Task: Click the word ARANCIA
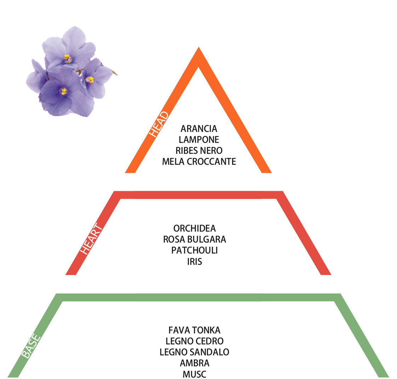199,129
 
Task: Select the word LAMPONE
199,140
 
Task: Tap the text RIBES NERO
199,151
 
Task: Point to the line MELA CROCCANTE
199,162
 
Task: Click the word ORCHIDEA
195,228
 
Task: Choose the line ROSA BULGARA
195,239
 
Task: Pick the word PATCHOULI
195,250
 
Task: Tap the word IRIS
195,262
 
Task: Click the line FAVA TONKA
195,330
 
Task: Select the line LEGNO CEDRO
195,341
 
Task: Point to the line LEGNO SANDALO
195,352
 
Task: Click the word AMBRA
195,363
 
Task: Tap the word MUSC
195,374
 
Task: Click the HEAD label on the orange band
159,124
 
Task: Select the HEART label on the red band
91,239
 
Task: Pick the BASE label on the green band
31,346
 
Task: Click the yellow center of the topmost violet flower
67,58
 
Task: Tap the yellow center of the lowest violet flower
64,91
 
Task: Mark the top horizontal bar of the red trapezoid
198,195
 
